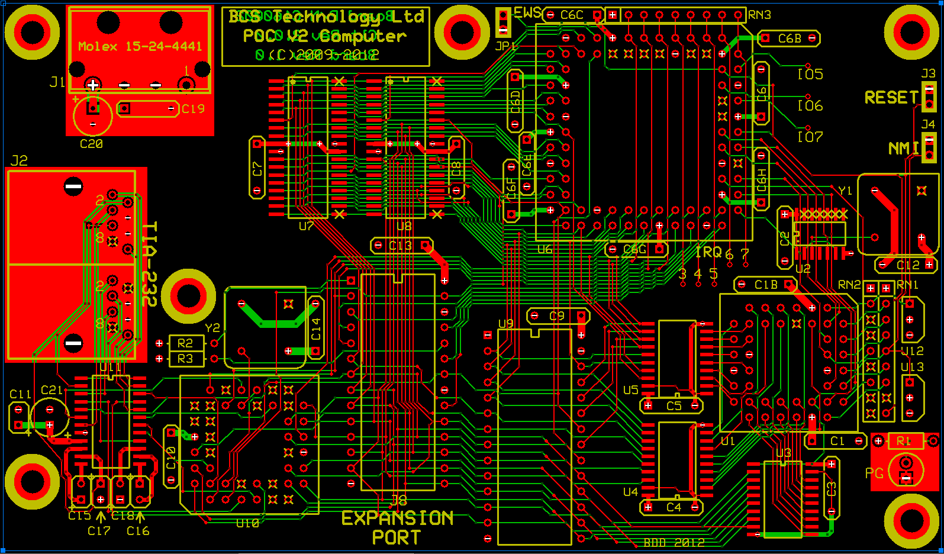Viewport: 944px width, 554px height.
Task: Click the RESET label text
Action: pos(891,98)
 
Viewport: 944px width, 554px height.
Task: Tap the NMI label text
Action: pos(903,149)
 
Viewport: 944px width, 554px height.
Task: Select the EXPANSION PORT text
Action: pos(397,527)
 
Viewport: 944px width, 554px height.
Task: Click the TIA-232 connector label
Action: pos(150,263)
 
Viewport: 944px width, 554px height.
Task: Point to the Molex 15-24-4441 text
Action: pos(140,46)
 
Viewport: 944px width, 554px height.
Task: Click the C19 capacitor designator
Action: pos(193,109)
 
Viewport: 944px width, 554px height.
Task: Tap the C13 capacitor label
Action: pos(400,246)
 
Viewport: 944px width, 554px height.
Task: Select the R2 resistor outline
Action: pos(186,343)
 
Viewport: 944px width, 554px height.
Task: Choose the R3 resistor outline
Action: pos(186,359)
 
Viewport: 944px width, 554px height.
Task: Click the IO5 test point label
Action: pos(810,75)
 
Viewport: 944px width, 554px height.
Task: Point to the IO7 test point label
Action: pos(810,137)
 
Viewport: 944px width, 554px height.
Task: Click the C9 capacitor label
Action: pos(557,316)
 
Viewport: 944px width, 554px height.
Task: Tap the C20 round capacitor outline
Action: pos(93,117)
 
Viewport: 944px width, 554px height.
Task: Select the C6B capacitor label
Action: pos(790,39)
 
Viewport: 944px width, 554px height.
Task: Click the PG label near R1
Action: pos(874,474)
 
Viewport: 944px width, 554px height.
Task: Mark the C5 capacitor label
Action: pos(674,406)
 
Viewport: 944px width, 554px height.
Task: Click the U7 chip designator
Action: pos(306,226)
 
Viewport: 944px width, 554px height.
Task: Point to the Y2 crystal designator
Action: pos(212,328)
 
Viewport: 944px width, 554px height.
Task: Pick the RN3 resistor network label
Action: pos(759,15)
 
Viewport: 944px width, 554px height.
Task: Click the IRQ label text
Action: pos(708,253)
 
